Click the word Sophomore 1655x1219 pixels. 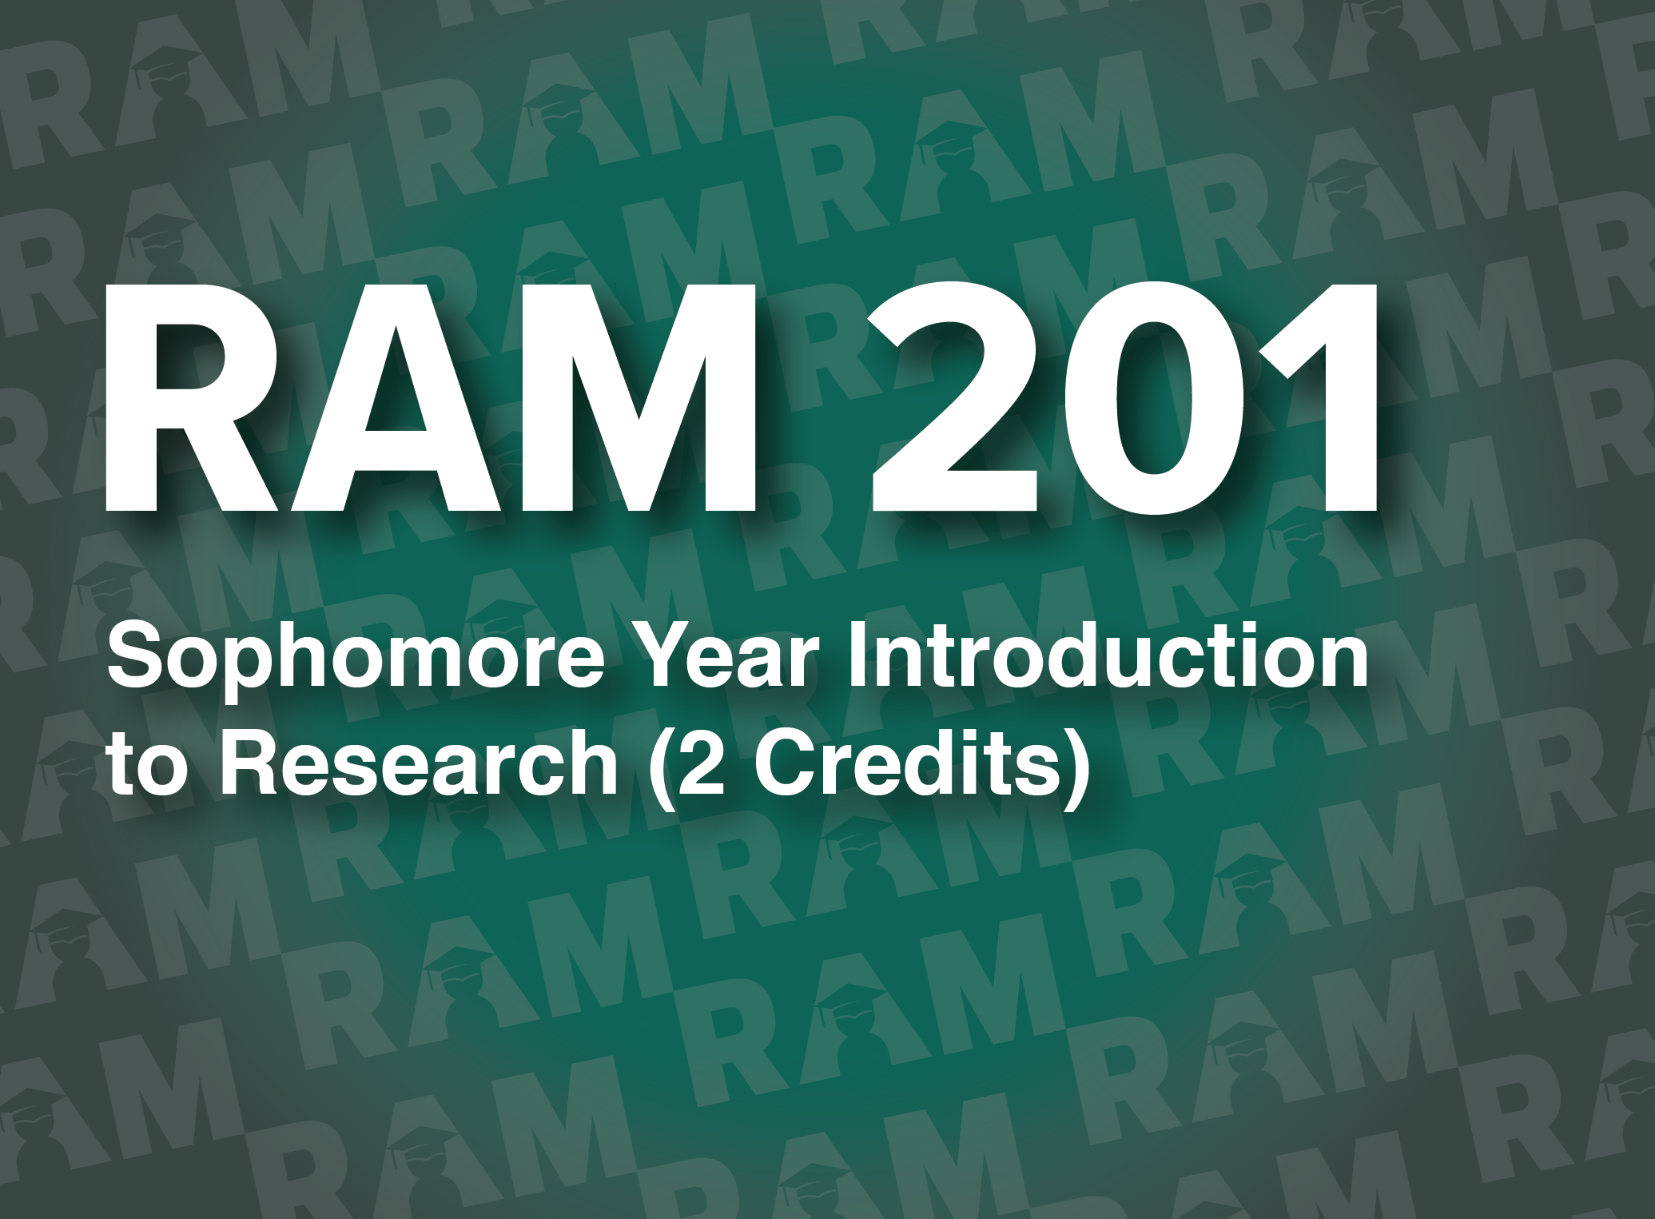point(356,657)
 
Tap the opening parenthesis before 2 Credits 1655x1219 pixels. point(660,769)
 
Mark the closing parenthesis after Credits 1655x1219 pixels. point(1079,769)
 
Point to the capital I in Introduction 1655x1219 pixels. point(856,657)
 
